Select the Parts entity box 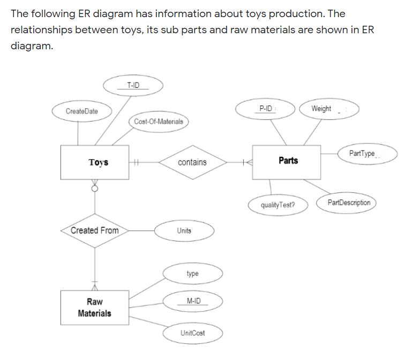coord(287,161)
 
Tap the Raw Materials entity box coord(94,307)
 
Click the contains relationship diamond coord(192,162)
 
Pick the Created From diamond coord(95,230)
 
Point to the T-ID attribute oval coord(133,86)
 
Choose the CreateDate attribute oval coord(81,111)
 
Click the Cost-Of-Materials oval coord(159,122)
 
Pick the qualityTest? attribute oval coord(277,205)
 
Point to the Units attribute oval coord(184,230)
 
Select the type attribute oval coord(192,274)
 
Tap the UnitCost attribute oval coord(192,333)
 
